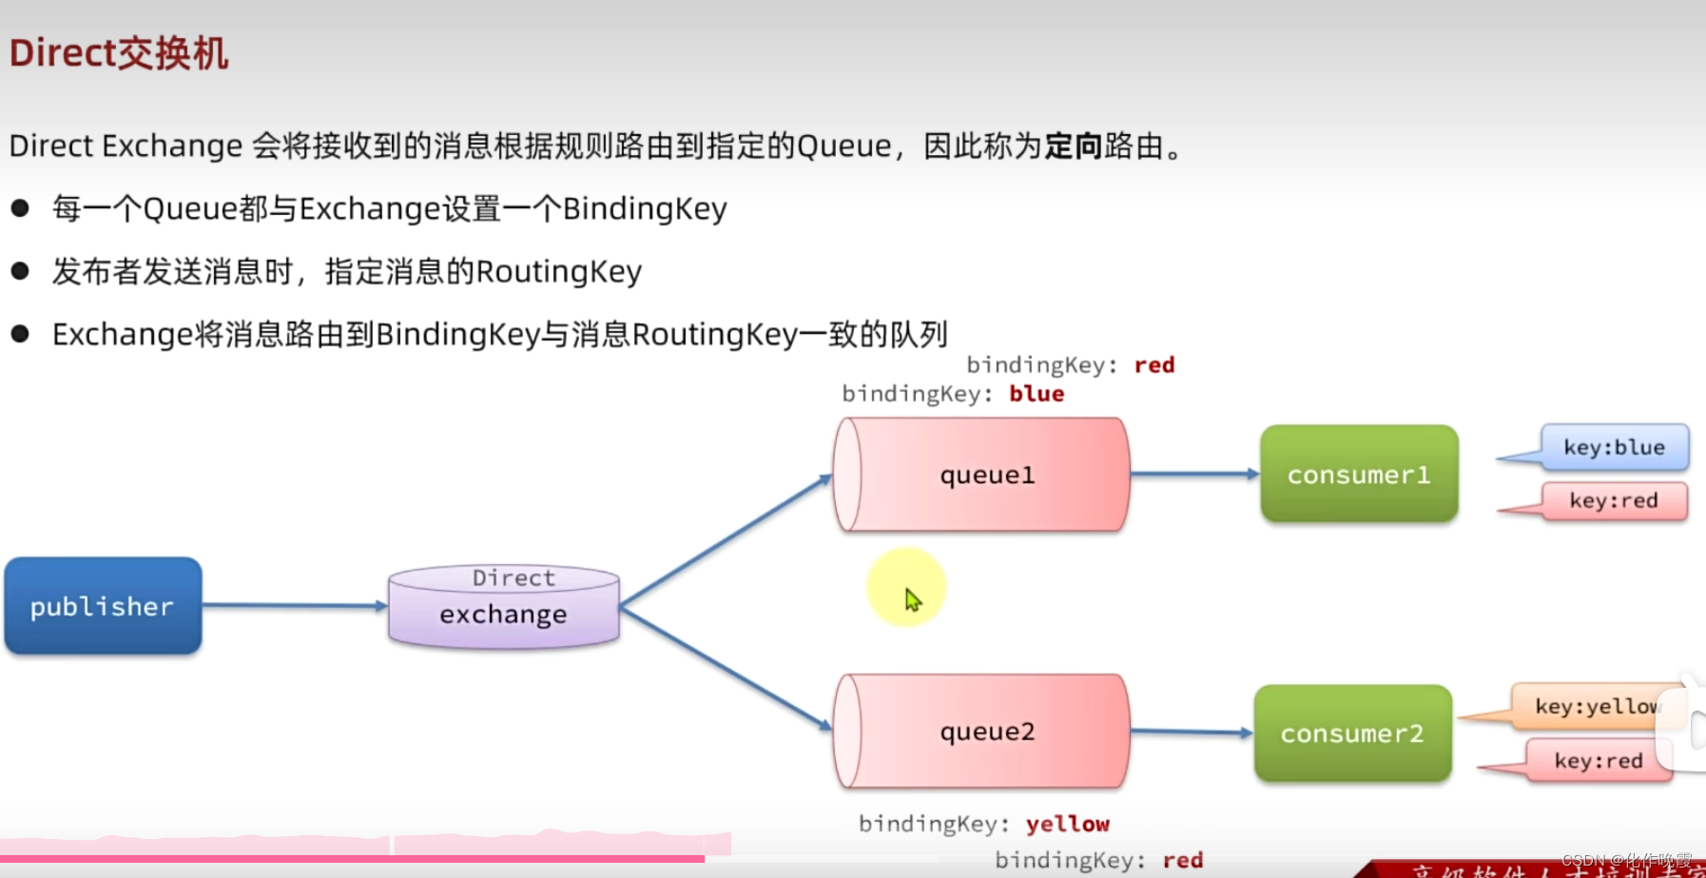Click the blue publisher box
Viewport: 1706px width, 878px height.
point(103,606)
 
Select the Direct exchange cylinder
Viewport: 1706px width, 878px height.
point(504,606)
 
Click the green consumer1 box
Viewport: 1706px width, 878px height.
point(1359,474)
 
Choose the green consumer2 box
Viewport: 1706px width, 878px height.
point(1352,733)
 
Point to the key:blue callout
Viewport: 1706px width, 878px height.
point(1614,447)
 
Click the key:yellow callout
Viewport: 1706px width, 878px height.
point(1596,706)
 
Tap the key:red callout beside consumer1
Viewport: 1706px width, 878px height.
point(1614,500)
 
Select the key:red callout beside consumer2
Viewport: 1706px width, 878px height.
point(1598,760)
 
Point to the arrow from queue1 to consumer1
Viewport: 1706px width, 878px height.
point(1194,474)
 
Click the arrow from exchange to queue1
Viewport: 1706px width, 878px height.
point(726,540)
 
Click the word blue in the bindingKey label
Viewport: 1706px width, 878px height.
point(1037,394)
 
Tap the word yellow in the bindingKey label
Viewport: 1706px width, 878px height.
point(1067,824)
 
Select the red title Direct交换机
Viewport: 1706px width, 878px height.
point(119,53)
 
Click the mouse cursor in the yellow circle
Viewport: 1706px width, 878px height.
point(911,598)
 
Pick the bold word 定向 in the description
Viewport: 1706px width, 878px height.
point(1074,146)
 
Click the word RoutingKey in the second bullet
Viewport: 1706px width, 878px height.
point(558,272)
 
